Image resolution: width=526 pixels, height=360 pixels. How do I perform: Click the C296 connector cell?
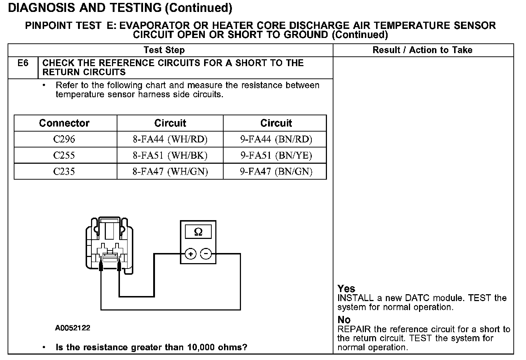(64, 139)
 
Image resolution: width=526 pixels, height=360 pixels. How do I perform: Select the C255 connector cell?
(64, 155)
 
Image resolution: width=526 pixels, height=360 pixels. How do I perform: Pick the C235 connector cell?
(64, 171)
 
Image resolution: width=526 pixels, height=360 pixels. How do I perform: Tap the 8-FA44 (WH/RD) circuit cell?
(170, 139)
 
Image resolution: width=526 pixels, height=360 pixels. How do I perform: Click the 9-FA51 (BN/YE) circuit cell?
(276, 155)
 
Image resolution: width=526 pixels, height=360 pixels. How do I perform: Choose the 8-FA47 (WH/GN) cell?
(170, 171)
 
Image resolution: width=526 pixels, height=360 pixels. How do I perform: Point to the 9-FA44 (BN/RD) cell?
(276, 139)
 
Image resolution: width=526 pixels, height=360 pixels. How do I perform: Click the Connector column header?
(64, 123)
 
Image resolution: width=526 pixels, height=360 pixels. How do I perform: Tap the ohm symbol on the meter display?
(198, 232)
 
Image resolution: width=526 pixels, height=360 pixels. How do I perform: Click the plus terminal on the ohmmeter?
(190, 254)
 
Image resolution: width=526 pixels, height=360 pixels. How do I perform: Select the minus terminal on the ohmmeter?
(206, 254)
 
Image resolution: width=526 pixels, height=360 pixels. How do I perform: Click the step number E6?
(23, 63)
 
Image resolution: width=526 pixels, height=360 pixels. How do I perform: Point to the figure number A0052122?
(73, 328)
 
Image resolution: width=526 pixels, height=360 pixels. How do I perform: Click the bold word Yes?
(346, 288)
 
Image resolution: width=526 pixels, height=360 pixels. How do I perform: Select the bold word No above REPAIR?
(344, 320)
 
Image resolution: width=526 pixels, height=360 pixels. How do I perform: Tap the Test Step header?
(164, 50)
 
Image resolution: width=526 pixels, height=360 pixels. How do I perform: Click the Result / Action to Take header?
(422, 50)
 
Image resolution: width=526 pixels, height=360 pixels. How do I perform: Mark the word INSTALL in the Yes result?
(355, 298)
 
